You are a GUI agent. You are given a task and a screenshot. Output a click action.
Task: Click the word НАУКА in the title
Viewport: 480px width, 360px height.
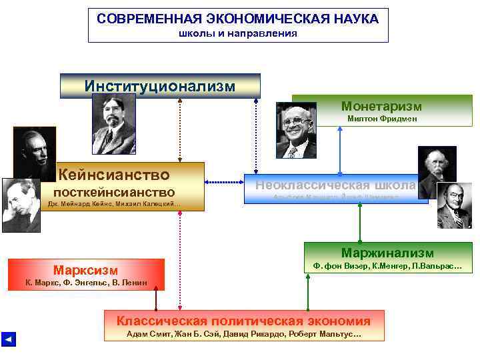pos(353,19)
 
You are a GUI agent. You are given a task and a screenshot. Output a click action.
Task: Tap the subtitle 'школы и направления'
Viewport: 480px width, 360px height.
pos(237,33)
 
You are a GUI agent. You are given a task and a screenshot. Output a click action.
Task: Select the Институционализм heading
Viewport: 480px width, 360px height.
pos(160,86)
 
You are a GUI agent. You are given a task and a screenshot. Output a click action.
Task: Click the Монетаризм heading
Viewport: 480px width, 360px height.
pos(381,106)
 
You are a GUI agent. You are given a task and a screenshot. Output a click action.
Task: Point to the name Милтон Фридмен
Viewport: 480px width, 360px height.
pos(382,119)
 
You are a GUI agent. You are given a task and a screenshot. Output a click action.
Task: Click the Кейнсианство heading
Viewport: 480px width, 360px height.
pos(114,175)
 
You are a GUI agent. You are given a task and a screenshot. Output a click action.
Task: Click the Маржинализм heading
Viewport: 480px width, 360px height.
pos(387,253)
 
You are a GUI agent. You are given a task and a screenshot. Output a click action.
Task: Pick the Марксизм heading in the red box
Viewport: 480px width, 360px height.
pos(86,270)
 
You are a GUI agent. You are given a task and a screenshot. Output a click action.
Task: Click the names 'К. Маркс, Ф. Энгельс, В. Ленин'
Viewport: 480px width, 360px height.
pos(86,283)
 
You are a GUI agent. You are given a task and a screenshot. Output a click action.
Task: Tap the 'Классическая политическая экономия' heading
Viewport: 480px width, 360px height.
pos(244,321)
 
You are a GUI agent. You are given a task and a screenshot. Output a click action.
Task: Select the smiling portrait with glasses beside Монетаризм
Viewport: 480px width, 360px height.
pos(297,129)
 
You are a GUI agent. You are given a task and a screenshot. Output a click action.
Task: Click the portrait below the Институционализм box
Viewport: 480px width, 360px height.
pos(114,124)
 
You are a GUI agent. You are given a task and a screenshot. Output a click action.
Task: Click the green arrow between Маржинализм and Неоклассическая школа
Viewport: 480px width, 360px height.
pos(360,223)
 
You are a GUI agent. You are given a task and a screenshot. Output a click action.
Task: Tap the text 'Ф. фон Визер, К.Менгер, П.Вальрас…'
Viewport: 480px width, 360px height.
pos(387,267)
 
